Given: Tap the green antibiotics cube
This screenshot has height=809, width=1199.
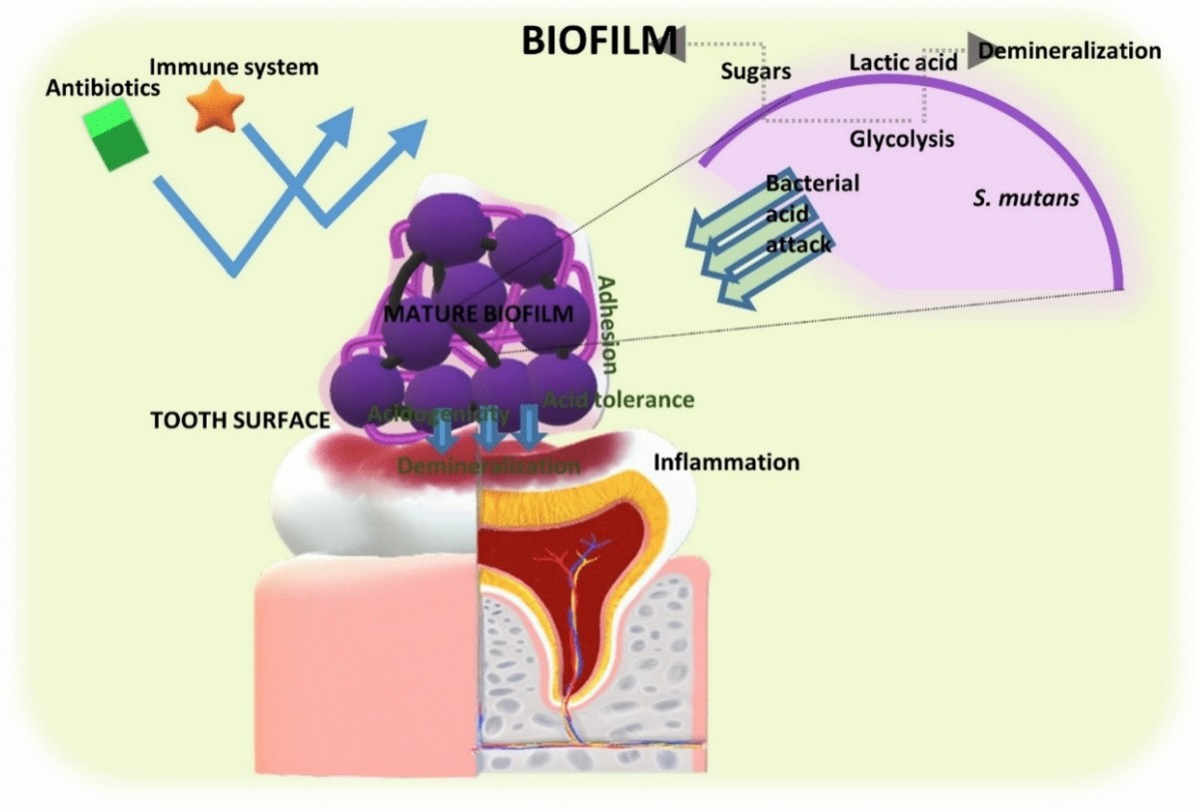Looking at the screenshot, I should [x=116, y=140].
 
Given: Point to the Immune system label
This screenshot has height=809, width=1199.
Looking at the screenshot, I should [x=234, y=68].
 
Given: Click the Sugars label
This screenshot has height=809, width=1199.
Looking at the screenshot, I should [x=755, y=72].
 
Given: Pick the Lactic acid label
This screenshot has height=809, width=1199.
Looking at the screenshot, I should [x=903, y=63].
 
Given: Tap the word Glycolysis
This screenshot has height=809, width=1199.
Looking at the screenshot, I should [x=901, y=140].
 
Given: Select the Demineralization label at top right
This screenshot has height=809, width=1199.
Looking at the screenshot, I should [x=1069, y=50].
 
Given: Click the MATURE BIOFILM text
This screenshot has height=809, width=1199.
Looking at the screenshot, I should [x=480, y=314].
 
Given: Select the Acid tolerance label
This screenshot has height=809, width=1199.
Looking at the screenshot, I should [x=618, y=400].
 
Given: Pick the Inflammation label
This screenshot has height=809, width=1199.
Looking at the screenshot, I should [x=726, y=462].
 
